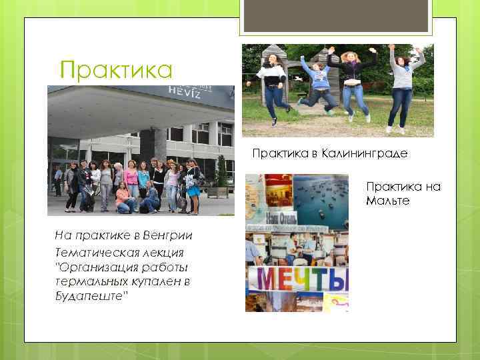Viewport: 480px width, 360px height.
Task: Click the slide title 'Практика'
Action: pos(115,69)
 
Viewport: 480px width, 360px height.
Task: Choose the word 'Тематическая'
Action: pos(93,253)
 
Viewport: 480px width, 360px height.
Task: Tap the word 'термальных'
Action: pos(91,281)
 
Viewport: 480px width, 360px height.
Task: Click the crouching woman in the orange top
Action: pos(123,198)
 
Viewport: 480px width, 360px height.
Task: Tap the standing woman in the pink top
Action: pos(132,180)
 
